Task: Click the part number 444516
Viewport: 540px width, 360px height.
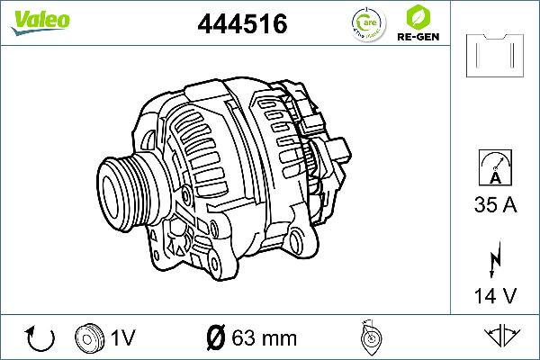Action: tap(242, 25)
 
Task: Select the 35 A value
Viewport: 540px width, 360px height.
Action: tap(494, 206)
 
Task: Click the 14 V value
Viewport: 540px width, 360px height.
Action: tap(494, 293)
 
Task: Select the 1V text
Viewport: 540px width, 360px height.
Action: tap(123, 338)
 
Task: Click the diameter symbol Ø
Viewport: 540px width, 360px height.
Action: tap(215, 338)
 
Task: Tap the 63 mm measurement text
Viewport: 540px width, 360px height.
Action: tap(264, 338)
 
